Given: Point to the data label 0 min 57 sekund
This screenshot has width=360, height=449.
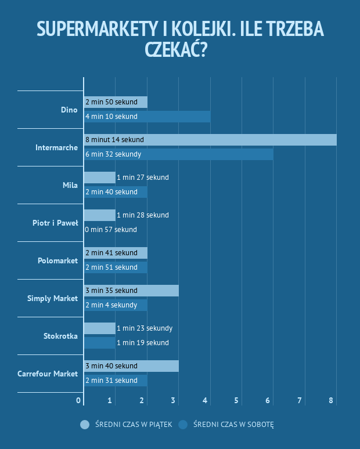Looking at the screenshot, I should point(111,230).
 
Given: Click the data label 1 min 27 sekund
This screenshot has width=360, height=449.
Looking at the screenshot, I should point(142,178).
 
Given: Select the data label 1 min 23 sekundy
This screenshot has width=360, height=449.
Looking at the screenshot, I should point(144,328).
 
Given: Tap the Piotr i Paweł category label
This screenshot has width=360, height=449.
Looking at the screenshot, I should point(55,223).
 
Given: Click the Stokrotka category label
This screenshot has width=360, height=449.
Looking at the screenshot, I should point(60,336).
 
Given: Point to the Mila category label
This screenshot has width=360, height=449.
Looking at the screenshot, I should point(70,185).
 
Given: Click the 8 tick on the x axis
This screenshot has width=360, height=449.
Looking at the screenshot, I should point(331,401).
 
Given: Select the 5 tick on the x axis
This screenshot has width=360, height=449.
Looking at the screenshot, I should point(236,401).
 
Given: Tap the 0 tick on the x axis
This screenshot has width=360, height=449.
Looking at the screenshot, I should point(79,401).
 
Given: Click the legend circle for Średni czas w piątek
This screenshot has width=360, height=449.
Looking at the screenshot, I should point(85,425).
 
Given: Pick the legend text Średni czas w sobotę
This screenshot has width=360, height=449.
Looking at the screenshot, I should point(233,425).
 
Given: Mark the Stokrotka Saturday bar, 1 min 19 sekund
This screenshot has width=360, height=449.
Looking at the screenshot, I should point(100,343).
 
